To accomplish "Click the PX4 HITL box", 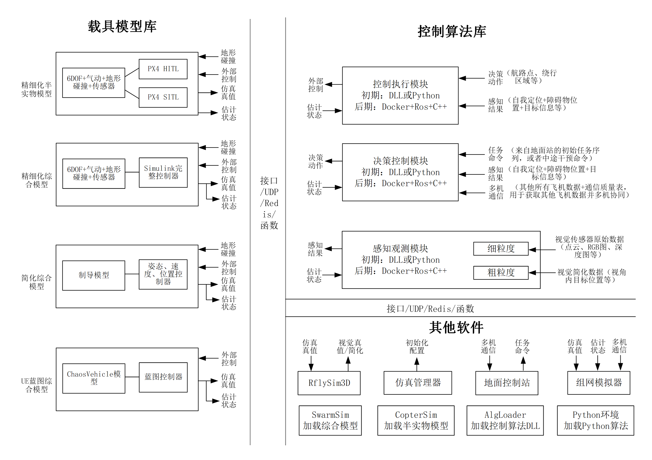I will pyautogui.click(x=163, y=69).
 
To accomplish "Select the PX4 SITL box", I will pyautogui.click(x=163, y=97).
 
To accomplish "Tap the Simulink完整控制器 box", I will pyautogui.click(x=163, y=172).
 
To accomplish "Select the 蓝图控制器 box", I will pyautogui.click(x=163, y=377).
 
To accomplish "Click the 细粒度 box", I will pyautogui.click(x=501, y=249).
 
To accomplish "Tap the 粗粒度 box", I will pyautogui.click(x=501, y=273).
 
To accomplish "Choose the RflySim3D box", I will pyautogui.click(x=329, y=383).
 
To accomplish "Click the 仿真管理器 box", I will pyautogui.click(x=417, y=383).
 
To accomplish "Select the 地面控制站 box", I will pyautogui.click(x=507, y=383).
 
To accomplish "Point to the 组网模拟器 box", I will pyautogui.click(x=599, y=383).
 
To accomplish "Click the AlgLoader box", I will pyautogui.click(x=505, y=420).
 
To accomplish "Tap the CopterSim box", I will pyautogui.click(x=416, y=420).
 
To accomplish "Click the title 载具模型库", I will pyautogui.click(x=122, y=26).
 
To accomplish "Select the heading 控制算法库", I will pyautogui.click(x=452, y=31).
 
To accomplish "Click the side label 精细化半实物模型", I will pyautogui.click(x=36, y=89).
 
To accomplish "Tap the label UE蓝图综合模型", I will pyautogui.click(x=36, y=385).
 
